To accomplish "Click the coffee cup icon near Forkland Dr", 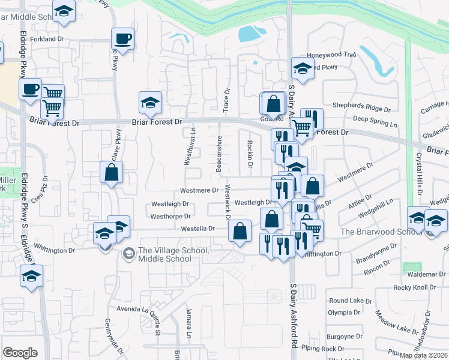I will tap(123, 39).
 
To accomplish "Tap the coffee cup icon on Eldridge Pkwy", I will tap(30, 89).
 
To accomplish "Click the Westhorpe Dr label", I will tap(170, 216).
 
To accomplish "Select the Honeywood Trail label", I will tap(332, 55).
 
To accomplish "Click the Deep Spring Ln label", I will tap(375, 119).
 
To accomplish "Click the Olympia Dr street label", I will tap(344, 313).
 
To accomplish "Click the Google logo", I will tap(20, 353).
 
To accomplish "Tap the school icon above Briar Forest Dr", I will tap(150, 102).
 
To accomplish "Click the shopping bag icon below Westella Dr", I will tap(240, 230).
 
